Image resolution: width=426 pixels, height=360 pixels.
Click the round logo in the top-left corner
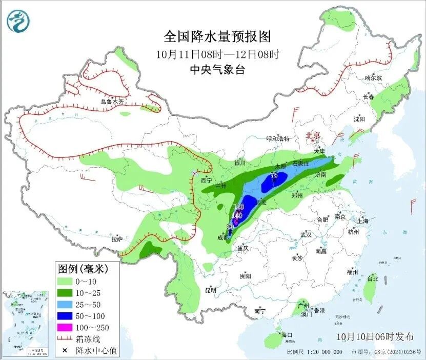click(18, 21)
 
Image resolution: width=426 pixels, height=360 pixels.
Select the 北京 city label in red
click(313, 135)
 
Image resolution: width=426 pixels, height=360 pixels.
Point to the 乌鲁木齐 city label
click(112, 102)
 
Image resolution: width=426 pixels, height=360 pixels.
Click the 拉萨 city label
click(116, 238)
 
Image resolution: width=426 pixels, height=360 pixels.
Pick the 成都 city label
click(222, 237)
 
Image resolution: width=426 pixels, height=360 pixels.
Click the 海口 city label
click(287, 335)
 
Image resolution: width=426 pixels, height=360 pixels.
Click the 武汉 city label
click(306, 234)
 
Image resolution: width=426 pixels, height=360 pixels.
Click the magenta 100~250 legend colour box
click(65, 327)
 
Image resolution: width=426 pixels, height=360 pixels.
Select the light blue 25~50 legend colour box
click(65, 304)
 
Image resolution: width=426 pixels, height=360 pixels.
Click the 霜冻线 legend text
click(88, 339)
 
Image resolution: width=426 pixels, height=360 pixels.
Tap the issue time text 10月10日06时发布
click(375, 337)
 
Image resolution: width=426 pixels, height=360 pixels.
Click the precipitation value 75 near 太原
click(274, 175)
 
